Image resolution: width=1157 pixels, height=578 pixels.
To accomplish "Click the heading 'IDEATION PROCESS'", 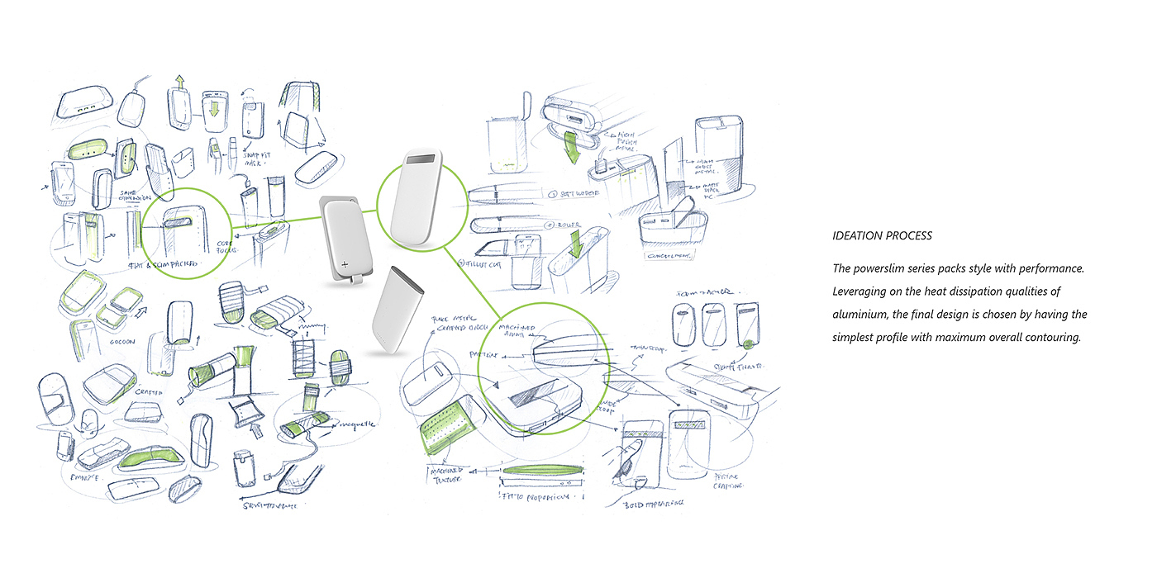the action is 882,236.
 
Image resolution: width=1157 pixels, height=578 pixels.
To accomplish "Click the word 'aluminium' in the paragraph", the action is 859,315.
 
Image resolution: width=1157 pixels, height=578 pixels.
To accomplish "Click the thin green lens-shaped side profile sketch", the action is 542,473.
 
